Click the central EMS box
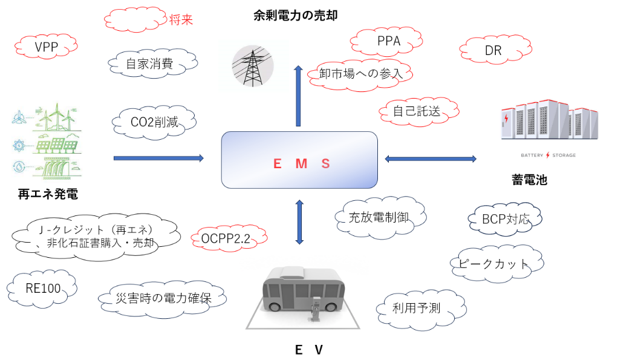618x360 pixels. [299, 160]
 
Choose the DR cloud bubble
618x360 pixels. [493, 51]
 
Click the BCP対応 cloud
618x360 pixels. [505, 219]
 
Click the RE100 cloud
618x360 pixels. [43, 289]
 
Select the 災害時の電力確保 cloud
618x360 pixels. [163, 298]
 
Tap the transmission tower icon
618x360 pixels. [252, 65]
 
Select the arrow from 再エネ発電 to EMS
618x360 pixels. [158, 158]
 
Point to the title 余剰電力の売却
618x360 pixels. [296, 16]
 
